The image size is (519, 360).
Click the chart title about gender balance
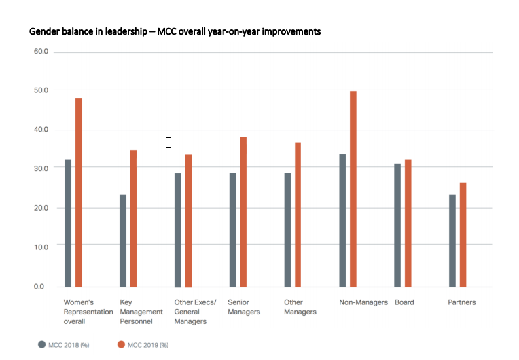tap(175, 31)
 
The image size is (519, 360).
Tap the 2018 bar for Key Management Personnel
tap(123, 240)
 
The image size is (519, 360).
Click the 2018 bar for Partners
tap(452, 240)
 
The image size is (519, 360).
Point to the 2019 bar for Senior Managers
tap(243, 211)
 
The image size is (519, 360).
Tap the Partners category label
tap(462, 302)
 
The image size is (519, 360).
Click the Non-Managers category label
tap(363, 302)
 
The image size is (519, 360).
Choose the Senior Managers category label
tap(244, 307)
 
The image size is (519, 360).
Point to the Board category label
tap(404, 302)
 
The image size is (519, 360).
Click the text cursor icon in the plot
tap(168, 142)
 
